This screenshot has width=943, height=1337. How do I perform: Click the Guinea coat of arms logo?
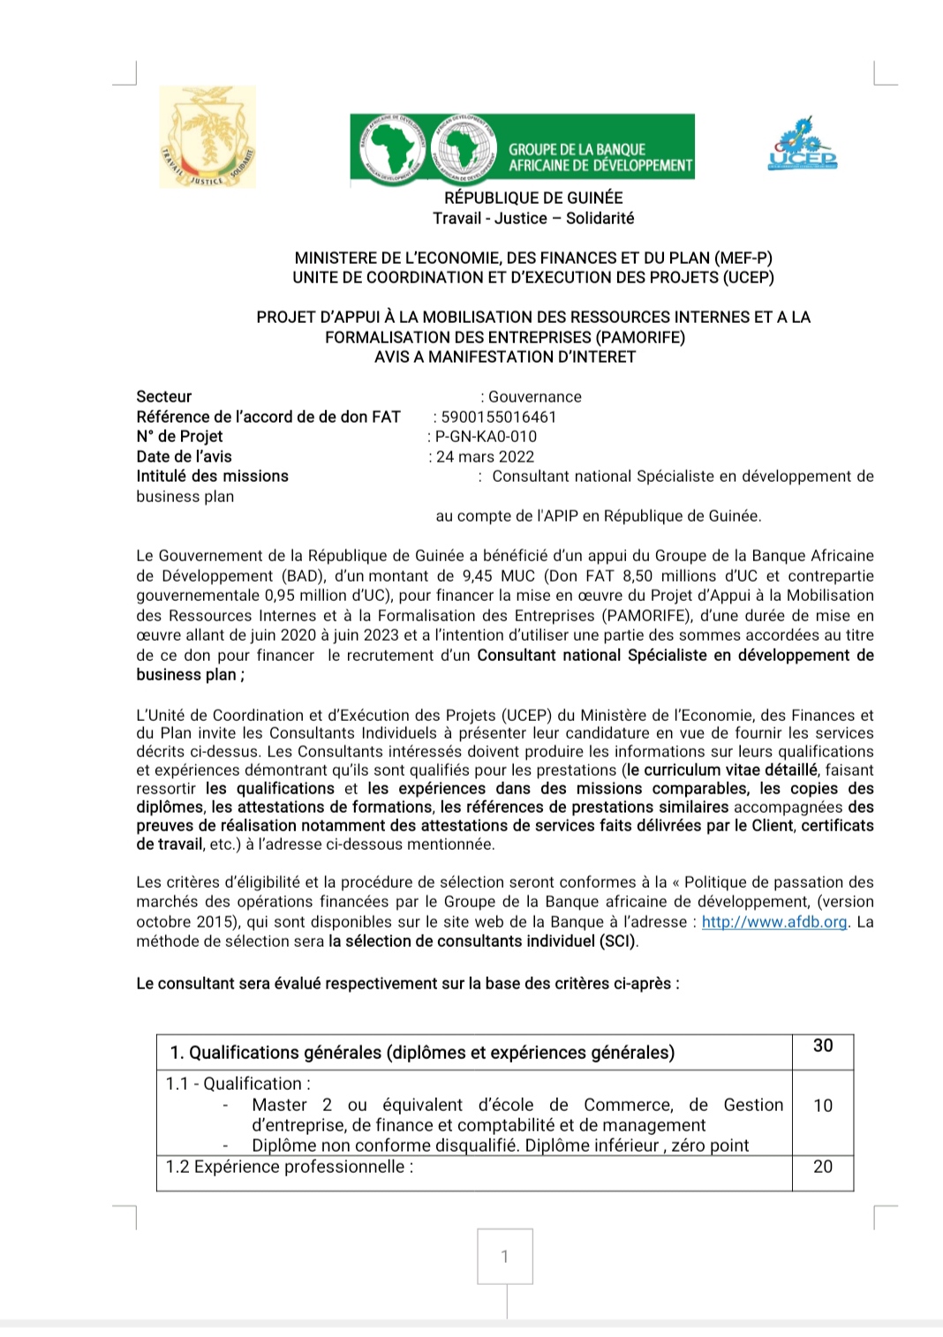(x=207, y=137)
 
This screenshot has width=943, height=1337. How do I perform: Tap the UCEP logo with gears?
(x=802, y=143)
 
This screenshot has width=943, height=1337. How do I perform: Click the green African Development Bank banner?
(x=522, y=146)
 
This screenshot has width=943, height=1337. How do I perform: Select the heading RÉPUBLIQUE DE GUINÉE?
(x=533, y=198)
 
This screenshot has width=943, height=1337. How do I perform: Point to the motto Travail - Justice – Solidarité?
(x=533, y=218)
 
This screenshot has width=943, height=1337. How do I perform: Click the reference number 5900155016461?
(x=499, y=417)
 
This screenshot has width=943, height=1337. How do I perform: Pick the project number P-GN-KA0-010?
(x=486, y=436)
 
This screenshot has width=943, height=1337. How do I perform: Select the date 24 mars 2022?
(x=485, y=456)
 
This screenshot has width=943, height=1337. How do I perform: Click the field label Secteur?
(x=163, y=396)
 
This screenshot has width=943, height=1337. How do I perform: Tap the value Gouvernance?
(x=535, y=396)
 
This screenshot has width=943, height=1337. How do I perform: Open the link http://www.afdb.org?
(x=774, y=921)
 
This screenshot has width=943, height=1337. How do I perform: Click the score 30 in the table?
(x=823, y=1046)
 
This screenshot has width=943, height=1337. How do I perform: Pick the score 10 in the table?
(x=823, y=1106)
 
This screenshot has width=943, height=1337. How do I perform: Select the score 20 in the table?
(x=823, y=1167)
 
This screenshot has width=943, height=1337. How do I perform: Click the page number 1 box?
(x=505, y=1256)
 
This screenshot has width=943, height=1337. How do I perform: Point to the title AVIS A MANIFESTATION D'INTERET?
(x=505, y=357)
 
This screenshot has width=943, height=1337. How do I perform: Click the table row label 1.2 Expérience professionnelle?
(x=290, y=1167)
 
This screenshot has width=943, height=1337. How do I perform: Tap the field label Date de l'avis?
(x=184, y=456)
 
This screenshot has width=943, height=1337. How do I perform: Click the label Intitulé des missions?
(x=212, y=476)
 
